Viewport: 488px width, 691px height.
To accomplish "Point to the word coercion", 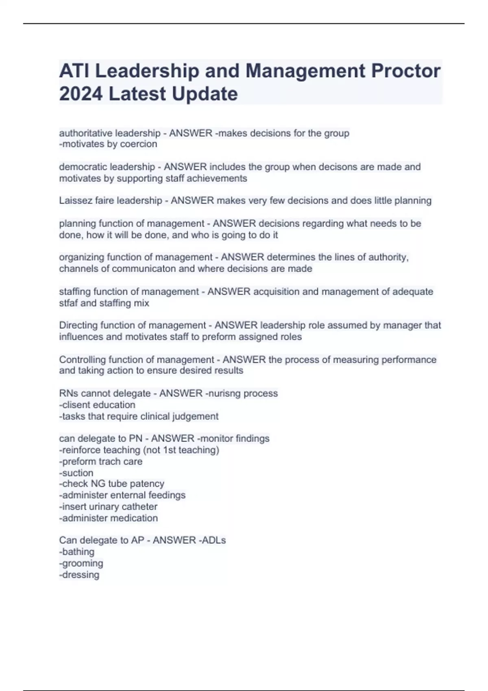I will click(x=138, y=144).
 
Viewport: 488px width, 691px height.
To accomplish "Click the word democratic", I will click(x=83, y=167).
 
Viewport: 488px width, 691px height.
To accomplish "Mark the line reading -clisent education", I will click(x=97, y=405).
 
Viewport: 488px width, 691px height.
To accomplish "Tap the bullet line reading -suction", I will click(x=76, y=473).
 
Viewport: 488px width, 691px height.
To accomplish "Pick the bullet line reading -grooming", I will click(x=81, y=563).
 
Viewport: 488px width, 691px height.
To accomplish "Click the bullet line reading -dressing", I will click(x=79, y=575).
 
